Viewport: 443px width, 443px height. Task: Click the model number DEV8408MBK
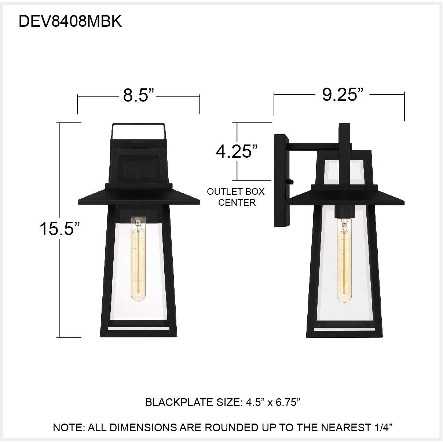click(x=70, y=22)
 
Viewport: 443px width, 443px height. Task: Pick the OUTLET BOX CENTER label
click(x=236, y=197)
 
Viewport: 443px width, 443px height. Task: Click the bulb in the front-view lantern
click(x=139, y=257)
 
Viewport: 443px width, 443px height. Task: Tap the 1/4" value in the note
click(x=384, y=428)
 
